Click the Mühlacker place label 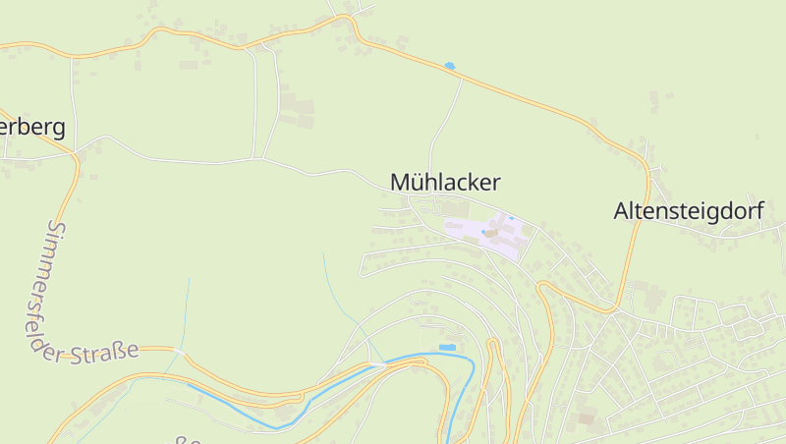pyautogui.click(x=445, y=182)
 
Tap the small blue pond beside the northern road pyautogui.click(x=449, y=66)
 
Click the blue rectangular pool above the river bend pyautogui.click(x=447, y=348)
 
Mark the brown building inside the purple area pyautogui.click(x=490, y=233)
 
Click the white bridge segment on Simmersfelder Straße pyautogui.click(x=178, y=351)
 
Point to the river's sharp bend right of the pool pyautogui.click(x=472, y=364)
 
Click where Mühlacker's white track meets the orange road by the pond pyautogui.click(x=463, y=78)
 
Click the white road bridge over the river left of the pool pyautogui.click(x=378, y=364)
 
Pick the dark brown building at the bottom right pyautogui.click(x=587, y=419)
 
